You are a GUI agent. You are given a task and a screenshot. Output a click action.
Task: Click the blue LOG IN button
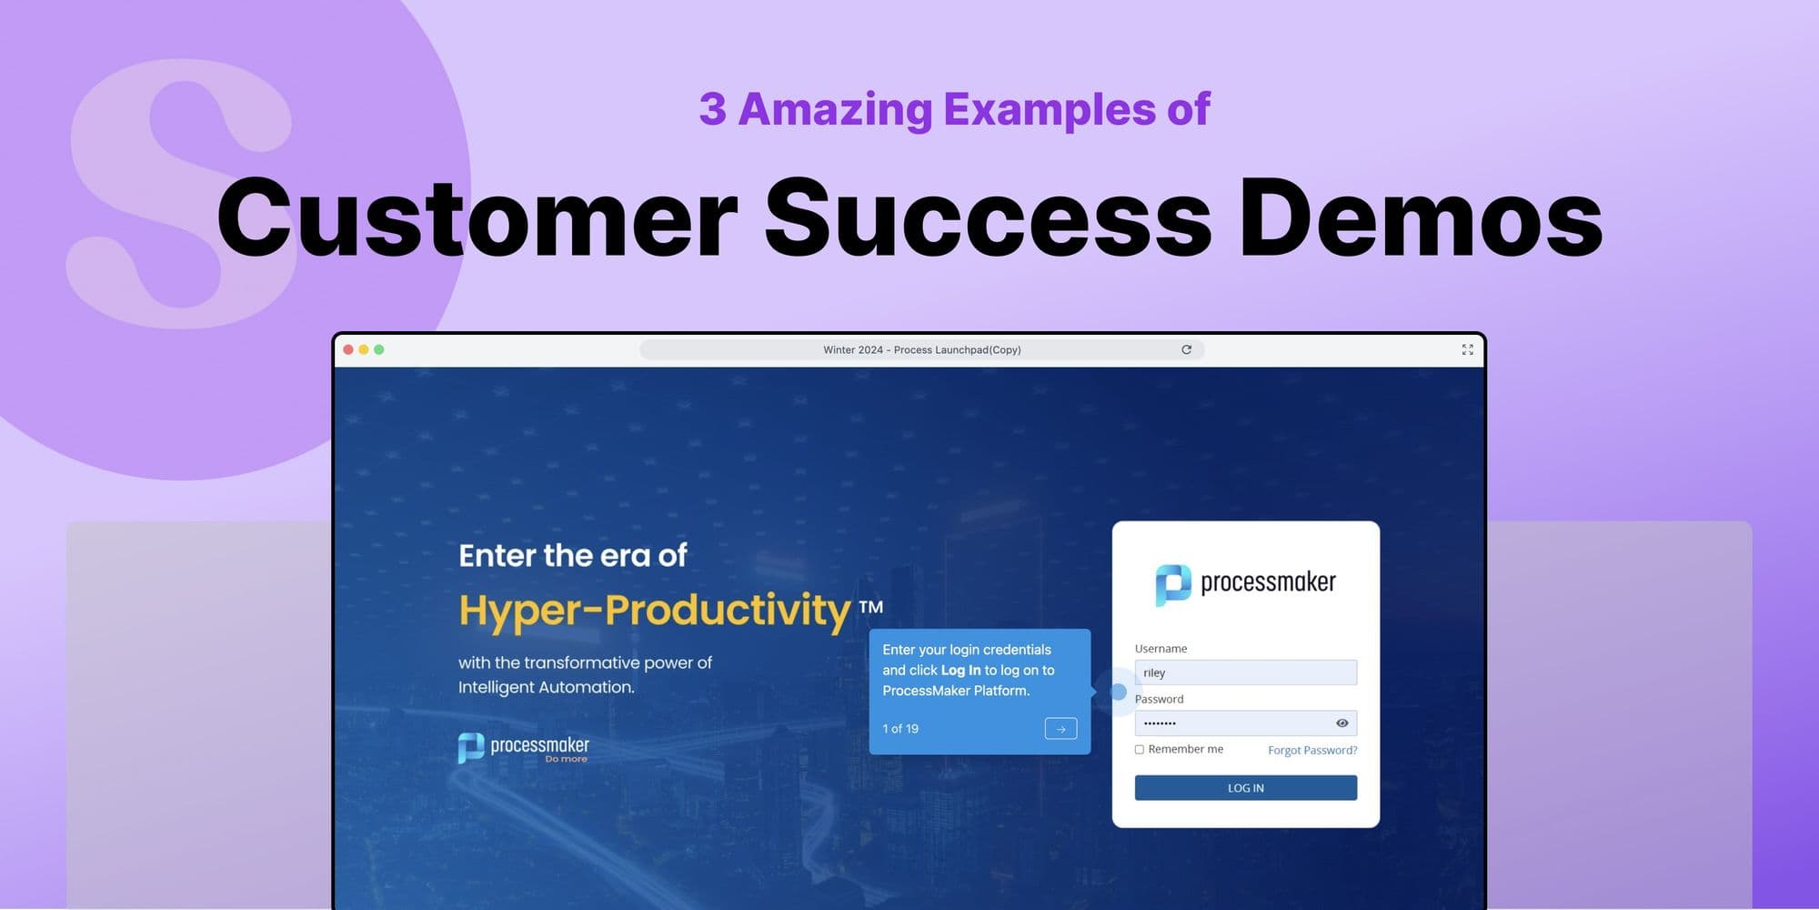tap(1245, 788)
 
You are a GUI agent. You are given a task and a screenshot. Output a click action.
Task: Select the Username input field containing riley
tap(1245, 672)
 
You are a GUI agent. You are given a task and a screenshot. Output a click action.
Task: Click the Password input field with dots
tap(1232, 723)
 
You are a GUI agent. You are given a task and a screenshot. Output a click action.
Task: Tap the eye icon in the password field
tap(1342, 723)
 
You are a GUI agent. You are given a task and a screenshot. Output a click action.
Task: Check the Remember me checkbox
tap(1140, 750)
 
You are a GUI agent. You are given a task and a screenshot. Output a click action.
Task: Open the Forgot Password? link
tap(1311, 751)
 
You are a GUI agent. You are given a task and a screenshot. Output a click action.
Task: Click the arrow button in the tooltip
tap(1060, 729)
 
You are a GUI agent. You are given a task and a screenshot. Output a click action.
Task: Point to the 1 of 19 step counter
tap(900, 729)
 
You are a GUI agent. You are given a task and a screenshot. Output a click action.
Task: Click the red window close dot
tap(348, 349)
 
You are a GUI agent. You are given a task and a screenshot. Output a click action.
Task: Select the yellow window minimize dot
tap(364, 349)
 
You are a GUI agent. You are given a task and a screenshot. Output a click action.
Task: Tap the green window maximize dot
tap(379, 349)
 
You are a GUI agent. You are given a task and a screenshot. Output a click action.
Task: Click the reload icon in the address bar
tap(1186, 349)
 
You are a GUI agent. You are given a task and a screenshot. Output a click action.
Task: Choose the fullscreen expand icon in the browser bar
tap(1467, 349)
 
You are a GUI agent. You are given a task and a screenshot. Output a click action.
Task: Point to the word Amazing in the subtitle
tap(835, 110)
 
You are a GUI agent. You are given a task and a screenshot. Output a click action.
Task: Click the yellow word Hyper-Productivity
tap(655, 610)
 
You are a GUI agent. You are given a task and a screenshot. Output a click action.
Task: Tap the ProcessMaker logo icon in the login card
tap(1172, 583)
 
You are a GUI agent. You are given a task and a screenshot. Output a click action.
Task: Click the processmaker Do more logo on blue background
tap(524, 748)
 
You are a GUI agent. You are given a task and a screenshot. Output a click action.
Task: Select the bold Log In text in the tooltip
tap(960, 671)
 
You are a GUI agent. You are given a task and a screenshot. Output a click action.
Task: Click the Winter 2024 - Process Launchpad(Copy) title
tap(921, 349)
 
